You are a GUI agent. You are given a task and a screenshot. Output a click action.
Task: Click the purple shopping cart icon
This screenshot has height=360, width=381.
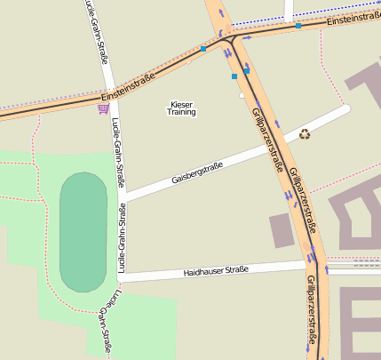click(104, 108)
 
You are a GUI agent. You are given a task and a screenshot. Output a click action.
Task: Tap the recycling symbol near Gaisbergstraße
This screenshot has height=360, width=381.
click(305, 134)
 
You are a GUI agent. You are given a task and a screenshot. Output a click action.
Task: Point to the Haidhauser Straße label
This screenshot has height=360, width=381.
click(216, 270)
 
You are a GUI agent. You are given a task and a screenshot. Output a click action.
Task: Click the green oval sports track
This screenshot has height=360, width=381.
click(83, 232)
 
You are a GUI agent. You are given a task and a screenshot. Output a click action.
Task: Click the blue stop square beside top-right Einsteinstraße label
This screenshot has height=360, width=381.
click(298, 26)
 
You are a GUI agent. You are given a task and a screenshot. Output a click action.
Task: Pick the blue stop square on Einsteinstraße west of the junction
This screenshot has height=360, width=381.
click(203, 48)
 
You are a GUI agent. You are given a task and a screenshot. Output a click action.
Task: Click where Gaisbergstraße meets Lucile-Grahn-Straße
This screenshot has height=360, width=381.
click(123, 194)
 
